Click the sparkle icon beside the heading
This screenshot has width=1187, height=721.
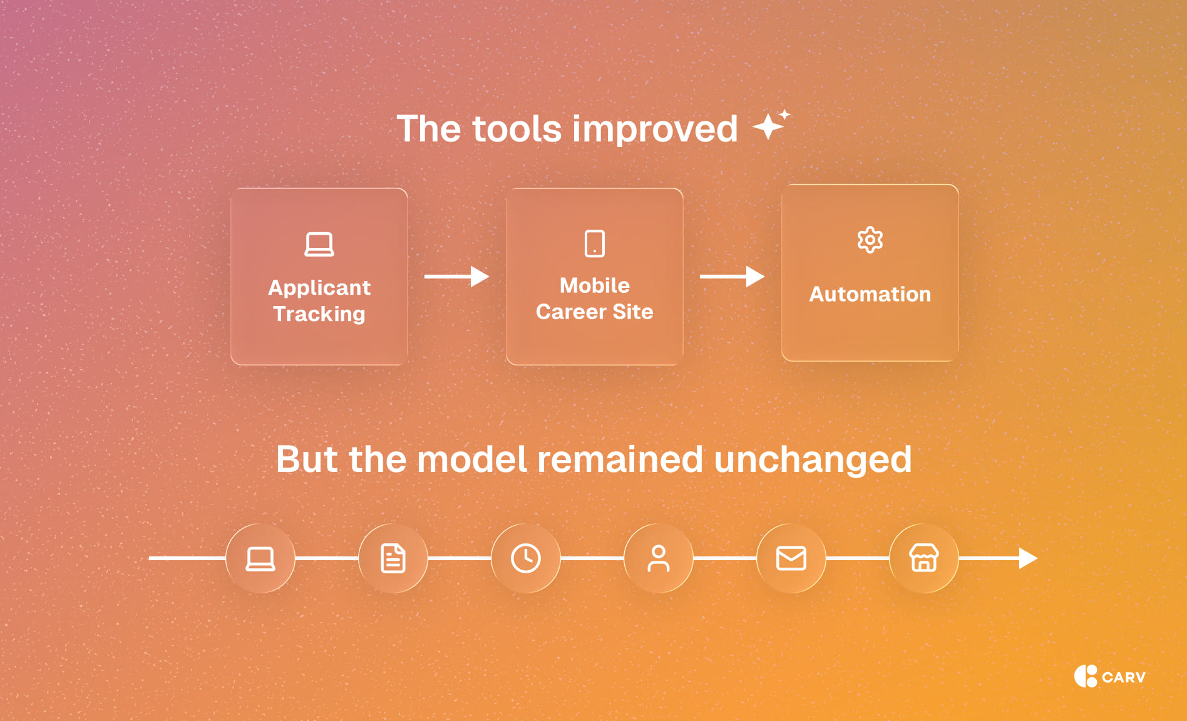[771, 125]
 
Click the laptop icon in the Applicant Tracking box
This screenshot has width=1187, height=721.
[319, 244]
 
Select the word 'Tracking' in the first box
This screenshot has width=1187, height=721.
[319, 314]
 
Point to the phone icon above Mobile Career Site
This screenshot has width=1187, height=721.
[595, 243]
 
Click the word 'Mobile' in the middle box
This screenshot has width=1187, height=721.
[595, 285]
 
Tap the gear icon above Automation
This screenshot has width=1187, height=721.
[870, 240]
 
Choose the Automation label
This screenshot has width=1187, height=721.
[870, 294]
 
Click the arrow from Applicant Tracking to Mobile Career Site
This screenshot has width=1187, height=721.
[456, 276]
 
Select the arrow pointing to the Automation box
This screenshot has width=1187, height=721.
[732, 276]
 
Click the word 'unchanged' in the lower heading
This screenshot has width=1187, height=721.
[813, 459]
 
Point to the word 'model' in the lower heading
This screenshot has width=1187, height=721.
[472, 459]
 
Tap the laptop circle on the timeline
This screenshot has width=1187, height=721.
[260, 558]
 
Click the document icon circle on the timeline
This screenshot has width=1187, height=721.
[393, 558]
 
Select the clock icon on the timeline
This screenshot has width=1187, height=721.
[526, 558]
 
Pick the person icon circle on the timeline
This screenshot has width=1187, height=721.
[659, 558]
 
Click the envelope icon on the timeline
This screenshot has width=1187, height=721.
[791, 558]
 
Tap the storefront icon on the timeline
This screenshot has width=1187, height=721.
[924, 558]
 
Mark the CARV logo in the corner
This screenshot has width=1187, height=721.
[1109, 677]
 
